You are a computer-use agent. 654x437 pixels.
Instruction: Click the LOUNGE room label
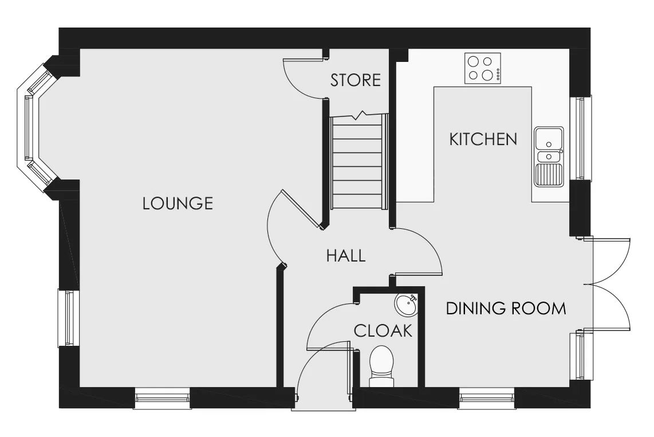(x=178, y=204)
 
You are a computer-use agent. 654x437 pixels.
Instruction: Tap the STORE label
(x=356, y=80)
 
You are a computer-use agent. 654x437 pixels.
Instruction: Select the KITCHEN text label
(x=483, y=139)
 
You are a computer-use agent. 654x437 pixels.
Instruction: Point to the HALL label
(x=346, y=256)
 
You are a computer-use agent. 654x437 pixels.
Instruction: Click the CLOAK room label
(x=383, y=331)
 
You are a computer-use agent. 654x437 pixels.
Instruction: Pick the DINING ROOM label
(x=506, y=309)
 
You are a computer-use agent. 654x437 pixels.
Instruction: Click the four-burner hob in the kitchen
(x=483, y=68)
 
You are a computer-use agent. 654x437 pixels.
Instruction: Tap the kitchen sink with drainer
(x=549, y=156)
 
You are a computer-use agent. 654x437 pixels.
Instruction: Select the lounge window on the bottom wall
(x=162, y=399)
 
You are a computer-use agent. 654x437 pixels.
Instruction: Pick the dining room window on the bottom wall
(x=487, y=399)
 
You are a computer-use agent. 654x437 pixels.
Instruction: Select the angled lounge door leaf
(x=303, y=209)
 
